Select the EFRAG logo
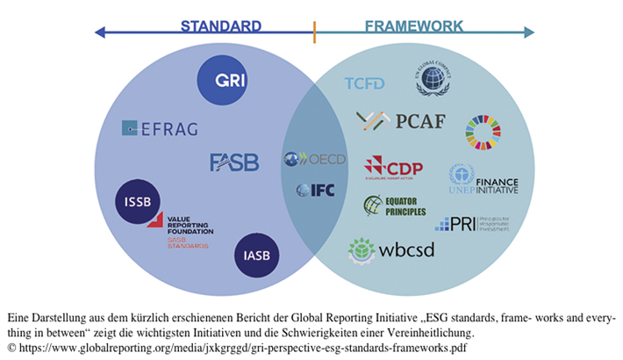(160, 128)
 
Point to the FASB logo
(234, 162)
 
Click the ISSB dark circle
(139, 201)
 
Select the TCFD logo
(365, 83)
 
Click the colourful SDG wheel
(483, 132)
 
